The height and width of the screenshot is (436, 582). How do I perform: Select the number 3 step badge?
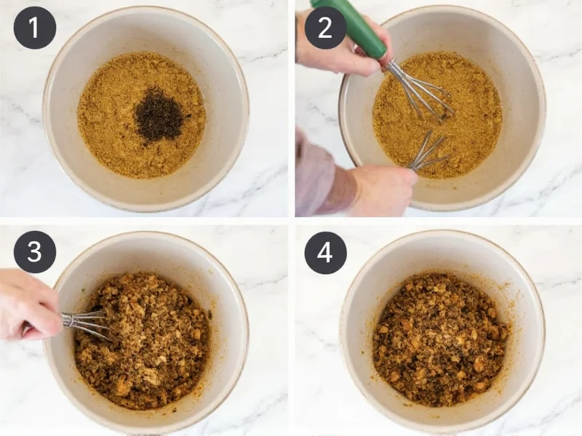34,252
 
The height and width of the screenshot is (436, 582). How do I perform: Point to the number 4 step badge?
324,252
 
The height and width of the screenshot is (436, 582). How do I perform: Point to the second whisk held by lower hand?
429,153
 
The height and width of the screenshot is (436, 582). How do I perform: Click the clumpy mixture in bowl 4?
440,338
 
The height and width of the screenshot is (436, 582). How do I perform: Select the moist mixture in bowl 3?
145,342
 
